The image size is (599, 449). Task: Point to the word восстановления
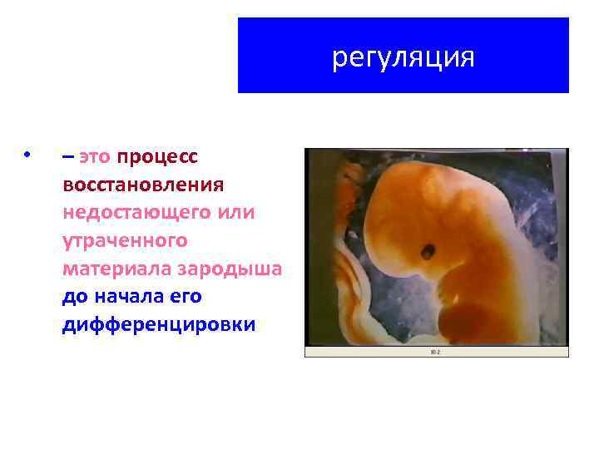[142, 184]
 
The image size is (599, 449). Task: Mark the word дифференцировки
[158, 324]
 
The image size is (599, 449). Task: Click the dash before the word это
[67, 155]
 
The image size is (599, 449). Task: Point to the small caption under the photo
[435, 352]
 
